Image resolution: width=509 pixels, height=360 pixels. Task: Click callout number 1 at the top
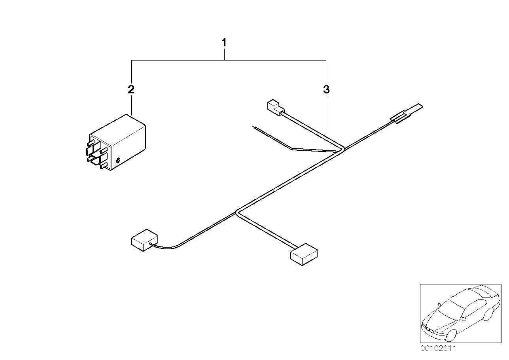224,42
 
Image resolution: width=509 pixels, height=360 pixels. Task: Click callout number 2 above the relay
131,89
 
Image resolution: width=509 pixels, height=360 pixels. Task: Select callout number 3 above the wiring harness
326,89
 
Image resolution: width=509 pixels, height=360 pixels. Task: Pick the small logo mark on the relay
117,160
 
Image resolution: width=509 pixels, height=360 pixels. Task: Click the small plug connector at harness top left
274,107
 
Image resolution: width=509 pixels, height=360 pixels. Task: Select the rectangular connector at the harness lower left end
144,239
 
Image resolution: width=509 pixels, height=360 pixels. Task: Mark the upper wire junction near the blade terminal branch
343,149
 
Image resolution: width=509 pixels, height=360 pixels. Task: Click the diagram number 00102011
438,349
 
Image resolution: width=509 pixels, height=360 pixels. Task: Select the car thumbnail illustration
460,313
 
